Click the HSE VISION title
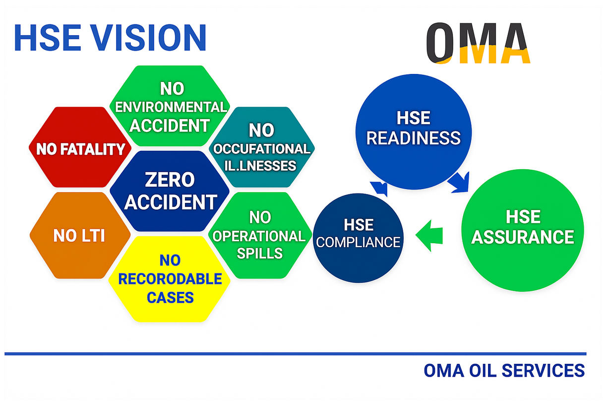coord(110,38)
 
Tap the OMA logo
coord(478,43)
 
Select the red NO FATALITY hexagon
coord(80,147)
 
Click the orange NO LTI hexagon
coord(80,235)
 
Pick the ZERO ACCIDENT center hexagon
coord(170,191)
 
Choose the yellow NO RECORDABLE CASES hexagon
coord(170,279)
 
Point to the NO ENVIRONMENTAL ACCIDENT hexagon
coord(170,106)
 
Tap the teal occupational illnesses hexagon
coord(262,147)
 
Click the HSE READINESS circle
coord(414,132)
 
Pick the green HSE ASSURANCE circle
coord(523,230)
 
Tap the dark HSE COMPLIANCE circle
coord(358,238)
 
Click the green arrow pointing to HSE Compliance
coord(429,236)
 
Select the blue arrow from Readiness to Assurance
coord(459,182)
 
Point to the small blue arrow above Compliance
coord(379,189)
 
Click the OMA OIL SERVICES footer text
coord(504,371)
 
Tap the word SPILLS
coord(259,253)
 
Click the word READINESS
coord(414,138)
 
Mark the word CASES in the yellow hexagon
coord(170,298)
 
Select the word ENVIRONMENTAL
coord(171,107)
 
